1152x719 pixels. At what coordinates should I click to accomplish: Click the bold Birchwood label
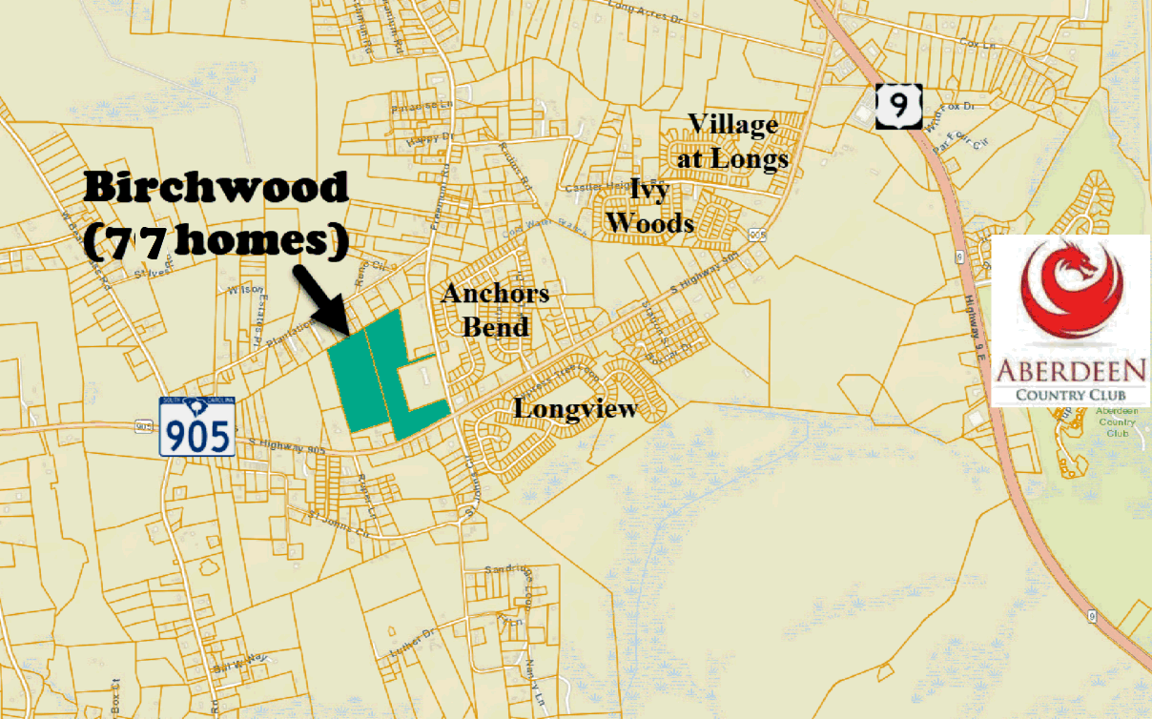216,188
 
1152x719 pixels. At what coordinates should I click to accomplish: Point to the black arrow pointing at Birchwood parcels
322,298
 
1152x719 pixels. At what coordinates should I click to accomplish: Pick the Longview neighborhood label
575,409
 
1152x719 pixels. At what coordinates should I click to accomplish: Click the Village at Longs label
732,141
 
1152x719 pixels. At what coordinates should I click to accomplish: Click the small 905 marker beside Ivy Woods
758,235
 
